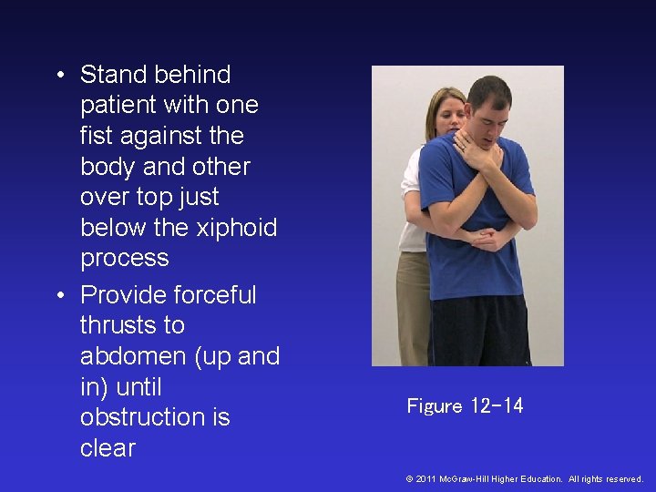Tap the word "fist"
pyautogui.click(x=98, y=136)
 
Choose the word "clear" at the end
pyautogui.click(x=108, y=448)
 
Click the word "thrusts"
pyautogui.click(x=132, y=325)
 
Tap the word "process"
pyautogui.click(x=125, y=258)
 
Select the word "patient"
pyautogui.click(x=120, y=106)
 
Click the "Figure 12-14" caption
pyautogui.click(x=465, y=406)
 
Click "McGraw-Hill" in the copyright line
pyautogui.click(x=466, y=478)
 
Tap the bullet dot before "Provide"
pyautogui.click(x=60, y=295)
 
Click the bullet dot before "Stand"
pyautogui.click(x=60, y=75)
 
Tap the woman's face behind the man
pyautogui.click(x=450, y=114)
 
